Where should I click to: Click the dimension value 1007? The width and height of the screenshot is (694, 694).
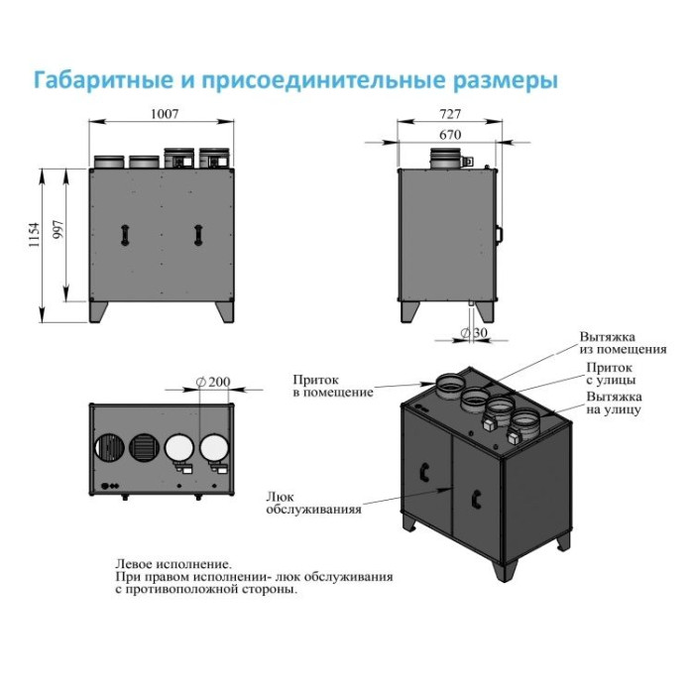point(163,114)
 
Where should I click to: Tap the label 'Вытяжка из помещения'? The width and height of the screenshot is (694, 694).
point(623,343)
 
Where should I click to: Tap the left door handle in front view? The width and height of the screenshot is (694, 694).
point(124,234)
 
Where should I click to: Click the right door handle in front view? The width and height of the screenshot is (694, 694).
point(195,234)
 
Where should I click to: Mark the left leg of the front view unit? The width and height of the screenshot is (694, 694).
point(99,310)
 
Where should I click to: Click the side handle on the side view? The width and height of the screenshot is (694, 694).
point(499,234)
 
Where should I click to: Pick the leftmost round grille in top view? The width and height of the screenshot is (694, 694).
point(108,449)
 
